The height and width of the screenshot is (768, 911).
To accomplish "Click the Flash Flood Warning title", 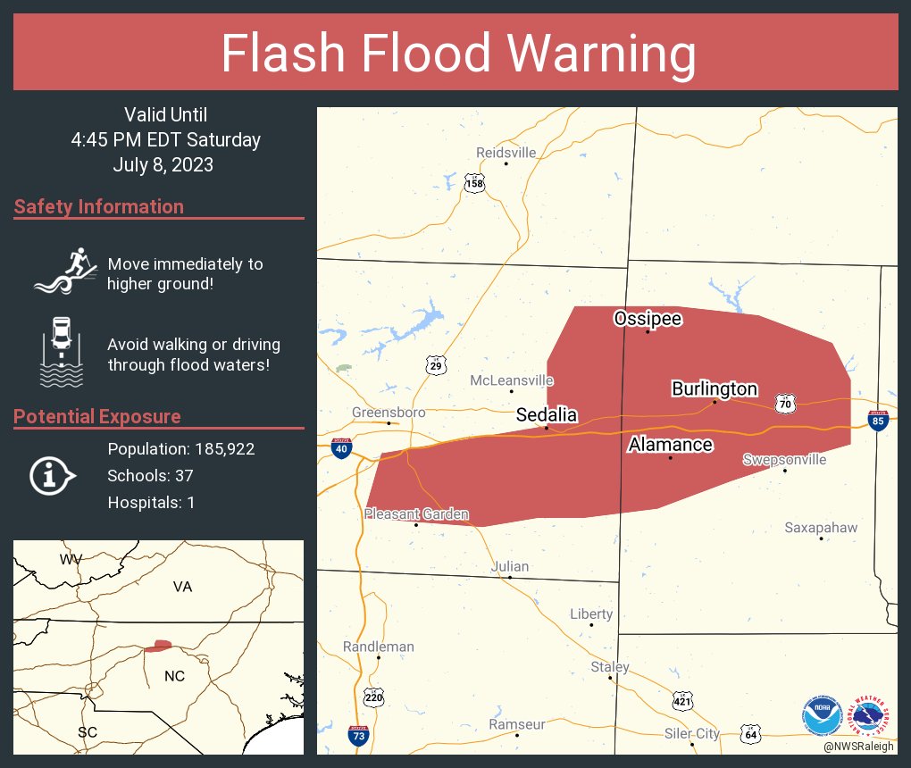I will click(x=458, y=54).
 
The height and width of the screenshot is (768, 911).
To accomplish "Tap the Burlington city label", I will click(x=715, y=388).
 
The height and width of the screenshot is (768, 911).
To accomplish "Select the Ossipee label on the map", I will click(x=648, y=319).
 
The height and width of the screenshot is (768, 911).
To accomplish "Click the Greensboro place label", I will click(x=389, y=413).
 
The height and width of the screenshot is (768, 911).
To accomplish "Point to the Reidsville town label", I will click(x=506, y=153).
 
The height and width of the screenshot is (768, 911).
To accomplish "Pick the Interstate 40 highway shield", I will click(x=341, y=448).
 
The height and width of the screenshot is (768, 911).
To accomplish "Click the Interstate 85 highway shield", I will click(x=878, y=421).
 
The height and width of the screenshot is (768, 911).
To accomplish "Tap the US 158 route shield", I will click(x=474, y=184).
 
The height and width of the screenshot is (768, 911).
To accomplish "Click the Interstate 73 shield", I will click(x=357, y=736).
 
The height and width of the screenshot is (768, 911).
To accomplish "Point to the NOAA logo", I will click(x=822, y=715).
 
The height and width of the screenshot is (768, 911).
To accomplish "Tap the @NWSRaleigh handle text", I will click(x=859, y=746).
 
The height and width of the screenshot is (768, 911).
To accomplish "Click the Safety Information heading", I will click(x=99, y=207).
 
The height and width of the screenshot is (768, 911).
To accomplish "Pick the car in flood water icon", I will click(x=61, y=352).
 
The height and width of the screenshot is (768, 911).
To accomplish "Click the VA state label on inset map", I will click(x=182, y=587).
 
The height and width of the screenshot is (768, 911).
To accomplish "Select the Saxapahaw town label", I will click(x=821, y=528).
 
